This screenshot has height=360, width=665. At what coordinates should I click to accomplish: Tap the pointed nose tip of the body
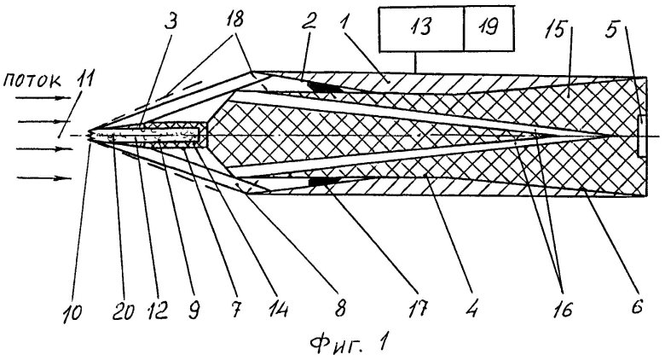89,136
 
